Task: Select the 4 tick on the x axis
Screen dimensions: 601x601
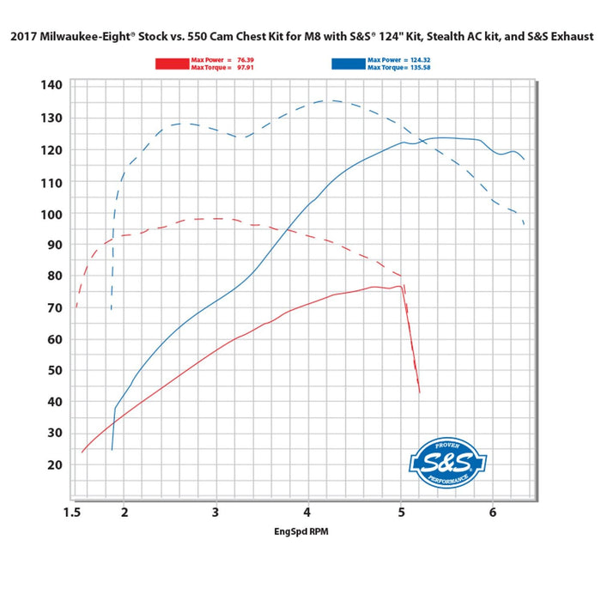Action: (x=308, y=513)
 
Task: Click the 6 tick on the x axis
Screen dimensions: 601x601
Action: (x=493, y=513)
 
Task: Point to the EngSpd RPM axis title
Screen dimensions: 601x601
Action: (x=300, y=531)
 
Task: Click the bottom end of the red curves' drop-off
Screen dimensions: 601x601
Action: (x=419, y=392)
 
